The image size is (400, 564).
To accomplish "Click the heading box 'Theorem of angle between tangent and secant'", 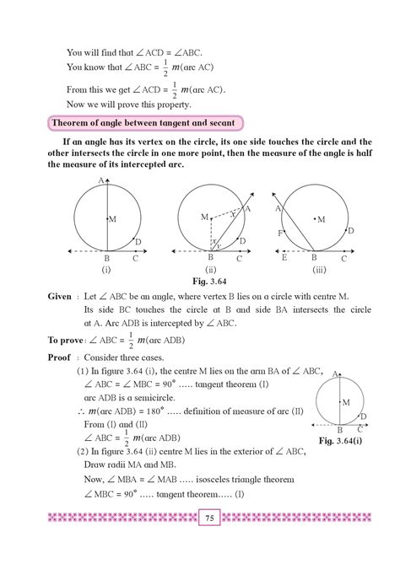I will tap(146, 123).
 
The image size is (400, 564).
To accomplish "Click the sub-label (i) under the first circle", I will tap(107, 270).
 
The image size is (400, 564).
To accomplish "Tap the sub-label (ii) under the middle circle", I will tap(209, 270).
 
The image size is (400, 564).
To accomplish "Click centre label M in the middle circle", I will tap(203, 218).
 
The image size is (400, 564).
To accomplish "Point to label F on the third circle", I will tap(279, 231).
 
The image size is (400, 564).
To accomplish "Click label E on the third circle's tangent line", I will tap(284, 259).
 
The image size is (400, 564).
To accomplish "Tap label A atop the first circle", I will tap(100, 181).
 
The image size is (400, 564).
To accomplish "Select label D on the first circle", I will tap(137, 242).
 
